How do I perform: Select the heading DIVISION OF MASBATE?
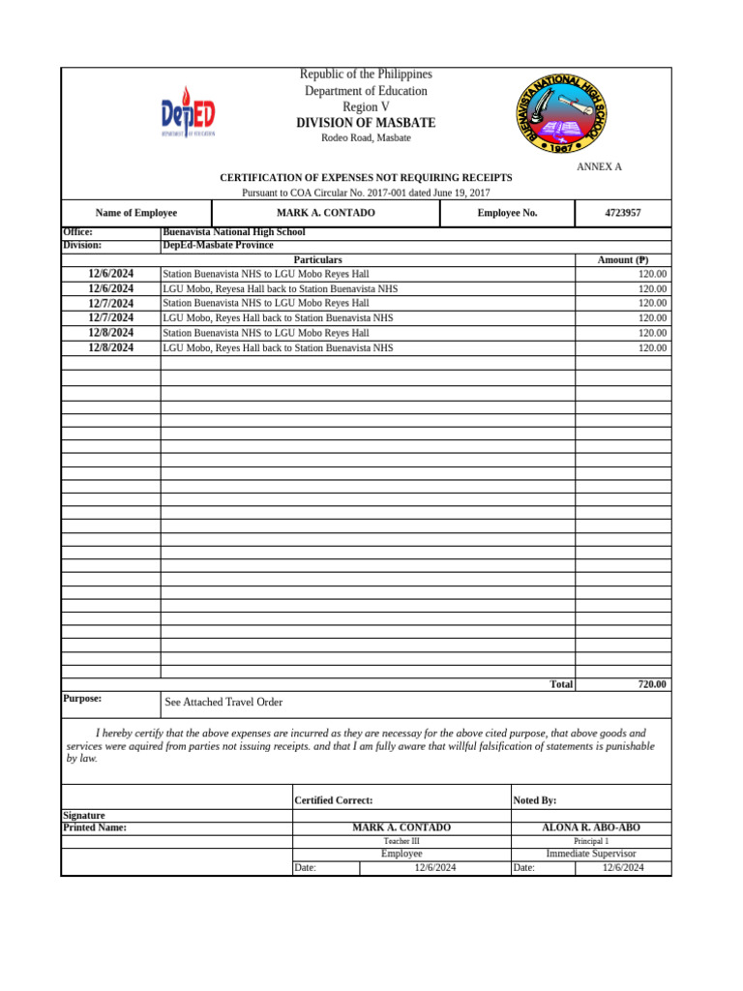366,123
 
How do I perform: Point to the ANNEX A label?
599,167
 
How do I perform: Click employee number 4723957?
622,213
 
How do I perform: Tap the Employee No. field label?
507,213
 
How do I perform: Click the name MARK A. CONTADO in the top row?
325,213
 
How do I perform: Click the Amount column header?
624,260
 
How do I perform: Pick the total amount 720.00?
651,684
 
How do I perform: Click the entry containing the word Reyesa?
280,289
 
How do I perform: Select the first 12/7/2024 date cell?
110,304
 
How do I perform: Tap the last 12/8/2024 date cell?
110,347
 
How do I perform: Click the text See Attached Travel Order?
223,703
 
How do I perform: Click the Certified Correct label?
334,800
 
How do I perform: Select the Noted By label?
534,800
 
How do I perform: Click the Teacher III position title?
401,842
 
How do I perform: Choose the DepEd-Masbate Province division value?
218,246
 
